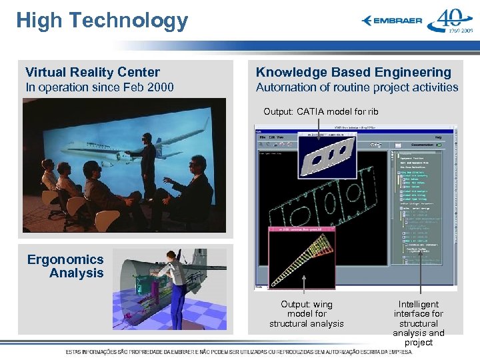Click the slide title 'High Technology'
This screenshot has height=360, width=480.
(102, 21)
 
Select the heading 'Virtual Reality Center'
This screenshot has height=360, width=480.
(93, 72)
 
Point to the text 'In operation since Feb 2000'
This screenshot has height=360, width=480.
(99, 87)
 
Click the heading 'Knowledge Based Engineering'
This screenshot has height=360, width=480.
(353, 72)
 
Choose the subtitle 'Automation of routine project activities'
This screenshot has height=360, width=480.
(357, 87)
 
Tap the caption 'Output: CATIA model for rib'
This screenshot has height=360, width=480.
(321, 111)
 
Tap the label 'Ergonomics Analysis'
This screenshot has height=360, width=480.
(66, 266)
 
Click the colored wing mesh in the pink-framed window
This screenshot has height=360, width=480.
(302, 255)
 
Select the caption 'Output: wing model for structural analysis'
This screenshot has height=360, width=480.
(306, 314)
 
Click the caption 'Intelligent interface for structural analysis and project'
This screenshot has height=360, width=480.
(418, 323)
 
